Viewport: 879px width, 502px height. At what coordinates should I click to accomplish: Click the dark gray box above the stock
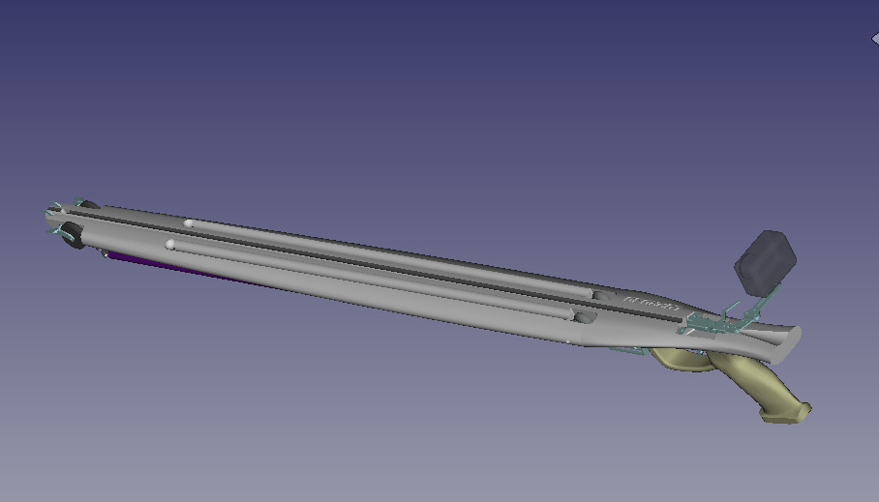765,259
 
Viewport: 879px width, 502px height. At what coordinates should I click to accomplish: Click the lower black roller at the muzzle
73,236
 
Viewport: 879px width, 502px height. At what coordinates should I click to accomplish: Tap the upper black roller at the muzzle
87,205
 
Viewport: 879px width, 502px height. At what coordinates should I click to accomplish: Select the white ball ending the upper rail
189,224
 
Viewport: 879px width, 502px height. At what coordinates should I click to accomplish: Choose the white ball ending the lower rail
171,245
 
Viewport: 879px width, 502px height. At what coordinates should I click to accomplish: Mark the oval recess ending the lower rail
584,316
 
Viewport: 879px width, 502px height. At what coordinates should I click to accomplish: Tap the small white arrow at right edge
874,39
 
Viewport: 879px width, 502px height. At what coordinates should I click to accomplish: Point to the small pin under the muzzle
104,253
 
